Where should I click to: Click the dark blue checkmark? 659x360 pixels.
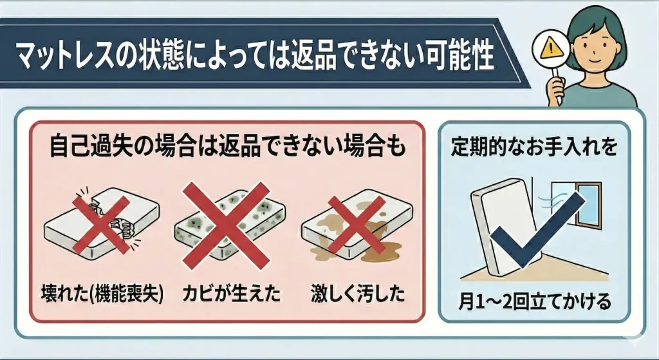click(x=538, y=229)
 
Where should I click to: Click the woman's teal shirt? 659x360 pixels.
click(x=605, y=97)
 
